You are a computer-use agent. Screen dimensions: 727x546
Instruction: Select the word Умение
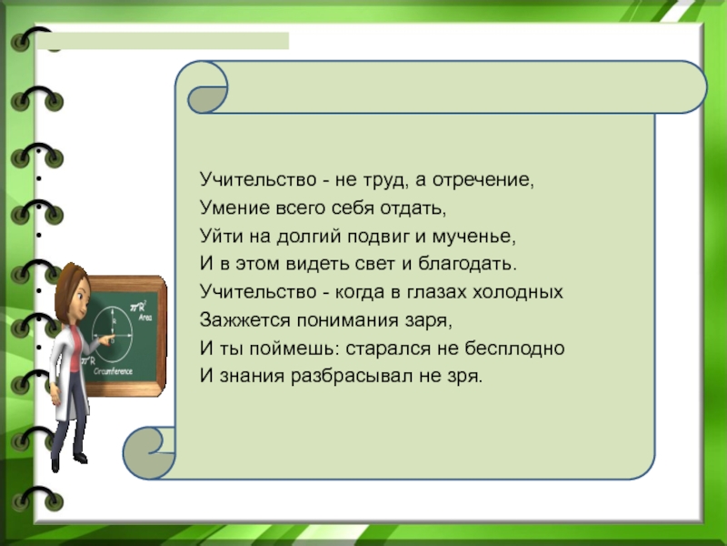click(234, 208)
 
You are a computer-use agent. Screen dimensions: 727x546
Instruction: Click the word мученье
click(473, 237)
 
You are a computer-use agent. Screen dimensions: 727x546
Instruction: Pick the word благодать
click(467, 265)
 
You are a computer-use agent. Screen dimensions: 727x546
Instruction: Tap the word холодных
click(517, 292)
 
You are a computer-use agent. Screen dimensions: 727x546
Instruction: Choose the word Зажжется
click(244, 320)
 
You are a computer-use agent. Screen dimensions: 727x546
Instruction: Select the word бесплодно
click(514, 349)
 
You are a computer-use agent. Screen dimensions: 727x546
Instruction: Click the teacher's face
click(79, 294)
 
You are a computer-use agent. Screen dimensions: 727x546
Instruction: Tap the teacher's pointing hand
click(108, 340)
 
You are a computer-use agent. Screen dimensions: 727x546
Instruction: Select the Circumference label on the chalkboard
click(113, 371)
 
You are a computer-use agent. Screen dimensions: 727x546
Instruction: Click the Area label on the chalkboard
click(145, 318)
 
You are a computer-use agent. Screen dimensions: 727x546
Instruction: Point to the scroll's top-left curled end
click(207, 87)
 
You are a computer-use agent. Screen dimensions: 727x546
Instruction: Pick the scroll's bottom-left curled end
click(149, 453)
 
